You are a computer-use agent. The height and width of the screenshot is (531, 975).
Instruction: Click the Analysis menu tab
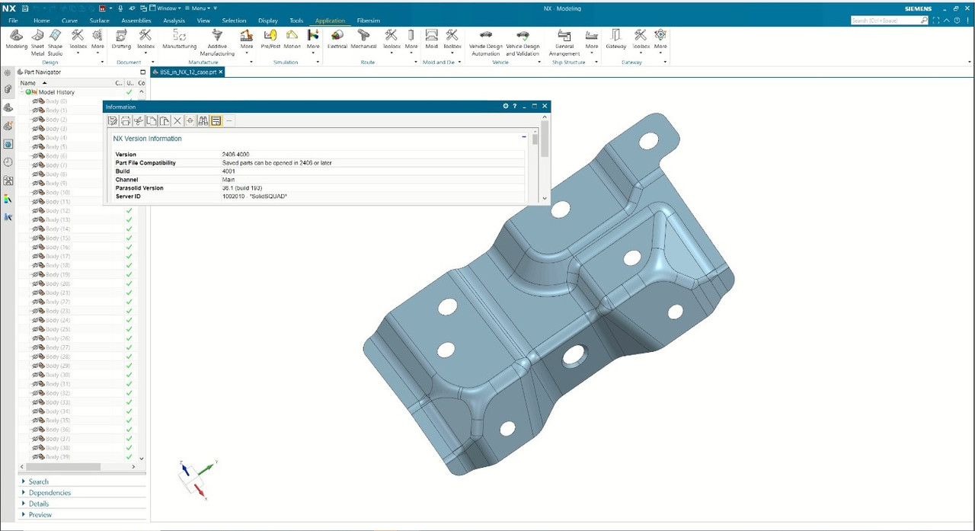click(x=174, y=21)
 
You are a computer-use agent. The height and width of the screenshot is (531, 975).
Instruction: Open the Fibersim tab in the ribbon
click(x=368, y=21)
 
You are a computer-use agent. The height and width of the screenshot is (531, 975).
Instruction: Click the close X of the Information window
click(x=545, y=106)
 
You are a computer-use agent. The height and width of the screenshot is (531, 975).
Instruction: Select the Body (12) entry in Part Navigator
click(x=57, y=211)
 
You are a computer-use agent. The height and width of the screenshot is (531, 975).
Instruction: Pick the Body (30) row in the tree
click(x=57, y=375)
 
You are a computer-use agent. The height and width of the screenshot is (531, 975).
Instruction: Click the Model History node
click(x=56, y=92)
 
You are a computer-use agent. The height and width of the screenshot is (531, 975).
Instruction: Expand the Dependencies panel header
click(x=50, y=493)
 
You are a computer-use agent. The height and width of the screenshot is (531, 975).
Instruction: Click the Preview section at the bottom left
click(x=40, y=515)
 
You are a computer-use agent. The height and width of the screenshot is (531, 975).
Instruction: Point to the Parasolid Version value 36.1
click(x=241, y=188)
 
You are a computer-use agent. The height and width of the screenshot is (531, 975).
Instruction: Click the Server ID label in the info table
click(x=129, y=197)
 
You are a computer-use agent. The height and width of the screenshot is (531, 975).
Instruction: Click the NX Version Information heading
click(x=148, y=139)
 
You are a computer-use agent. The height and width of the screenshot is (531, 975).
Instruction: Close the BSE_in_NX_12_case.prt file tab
click(x=221, y=72)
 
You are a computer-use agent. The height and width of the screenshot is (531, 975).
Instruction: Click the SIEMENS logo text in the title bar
click(x=917, y=9)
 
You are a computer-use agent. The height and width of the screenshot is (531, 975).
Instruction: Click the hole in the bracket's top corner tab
click(x=649, y=141)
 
